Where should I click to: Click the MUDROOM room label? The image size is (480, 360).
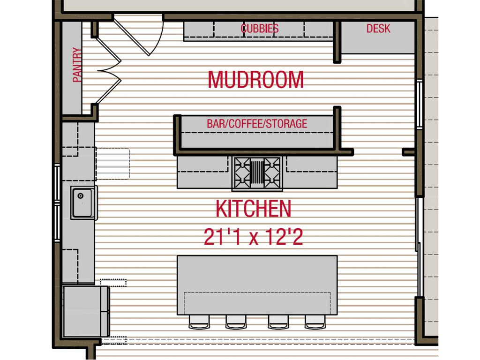pos(255,80)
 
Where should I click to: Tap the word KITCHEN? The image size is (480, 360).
pos(254,209)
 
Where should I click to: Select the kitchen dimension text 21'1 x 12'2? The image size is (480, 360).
pos(254,237)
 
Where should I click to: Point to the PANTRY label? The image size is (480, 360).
pos(77,65)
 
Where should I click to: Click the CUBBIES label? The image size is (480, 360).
pos(260,29)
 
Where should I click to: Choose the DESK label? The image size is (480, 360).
pos(378,29)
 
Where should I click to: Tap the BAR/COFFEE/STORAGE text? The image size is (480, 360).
pos(257,124)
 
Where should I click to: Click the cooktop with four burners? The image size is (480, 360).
pos(257,173)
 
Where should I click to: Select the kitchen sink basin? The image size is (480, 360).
pos(82,202)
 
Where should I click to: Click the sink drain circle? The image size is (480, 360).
pos(81,196)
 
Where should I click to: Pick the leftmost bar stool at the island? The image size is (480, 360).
pos(199,322)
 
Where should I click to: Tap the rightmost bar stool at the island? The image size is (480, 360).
pos(315,322)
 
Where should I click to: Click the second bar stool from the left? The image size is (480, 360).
pos(236,322)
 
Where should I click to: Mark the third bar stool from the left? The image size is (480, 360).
pos(278,322)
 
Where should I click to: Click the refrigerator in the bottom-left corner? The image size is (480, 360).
pos(86,311)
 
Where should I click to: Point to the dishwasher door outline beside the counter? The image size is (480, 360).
pos(113,164)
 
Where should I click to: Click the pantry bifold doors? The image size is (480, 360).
pos(109,71)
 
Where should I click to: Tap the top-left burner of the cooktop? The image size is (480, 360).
pos(242,165)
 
